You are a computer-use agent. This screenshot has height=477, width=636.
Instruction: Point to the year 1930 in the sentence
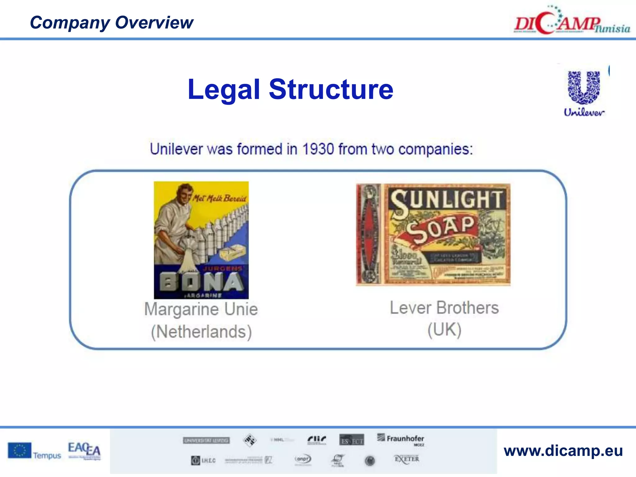[x=318, y=149]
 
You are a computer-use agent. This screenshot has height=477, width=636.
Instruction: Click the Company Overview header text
[x=111, y=23]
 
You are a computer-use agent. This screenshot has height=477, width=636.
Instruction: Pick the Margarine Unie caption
[x=201, y=309]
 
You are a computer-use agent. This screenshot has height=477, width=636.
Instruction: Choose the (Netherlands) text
[x=201, y=332]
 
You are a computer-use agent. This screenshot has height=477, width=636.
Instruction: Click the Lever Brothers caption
[x=444, y=308]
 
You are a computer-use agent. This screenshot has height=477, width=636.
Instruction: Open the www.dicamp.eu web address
[x=563, y=451]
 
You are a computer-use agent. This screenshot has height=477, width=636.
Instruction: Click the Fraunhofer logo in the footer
[x=401, y=439]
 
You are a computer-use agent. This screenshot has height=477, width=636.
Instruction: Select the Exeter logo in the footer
[x=407, y=459]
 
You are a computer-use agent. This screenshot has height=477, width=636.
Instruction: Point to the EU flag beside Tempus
[x=20, y=451]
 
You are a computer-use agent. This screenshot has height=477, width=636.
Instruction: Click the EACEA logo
[x=84, y=450]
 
